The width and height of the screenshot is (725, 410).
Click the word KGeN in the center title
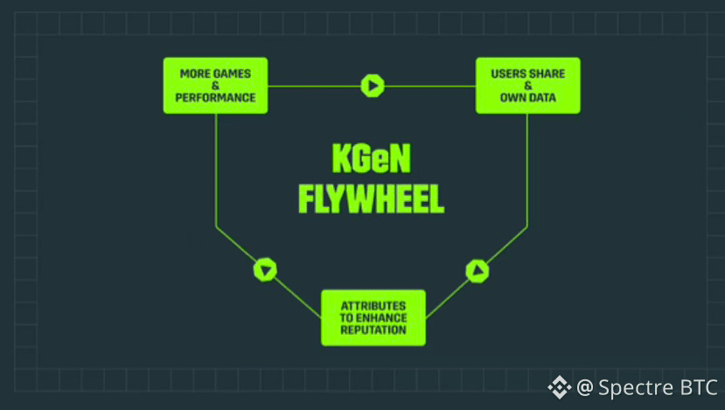tap(371, 159)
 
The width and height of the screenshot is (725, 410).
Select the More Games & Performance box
tap(215, 85)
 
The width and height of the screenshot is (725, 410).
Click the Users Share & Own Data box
tap(527, 85)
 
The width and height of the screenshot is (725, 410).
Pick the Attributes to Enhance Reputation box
tap(373, 317)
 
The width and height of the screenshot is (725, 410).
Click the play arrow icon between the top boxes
tap(373, 86)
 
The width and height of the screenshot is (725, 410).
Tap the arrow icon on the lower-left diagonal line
tap(265, 269)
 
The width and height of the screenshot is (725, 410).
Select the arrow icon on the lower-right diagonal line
tap(477, 271)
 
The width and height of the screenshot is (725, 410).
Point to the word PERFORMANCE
tap(215, 98)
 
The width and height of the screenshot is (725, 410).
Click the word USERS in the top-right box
tap(508, 73)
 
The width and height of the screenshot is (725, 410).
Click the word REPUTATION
tap(373, 330)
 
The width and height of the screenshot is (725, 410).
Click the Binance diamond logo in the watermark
tap(560, 386)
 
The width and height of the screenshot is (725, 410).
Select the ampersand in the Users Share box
tap(527, 86)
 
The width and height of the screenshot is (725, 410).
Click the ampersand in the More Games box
tap(215, 86)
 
